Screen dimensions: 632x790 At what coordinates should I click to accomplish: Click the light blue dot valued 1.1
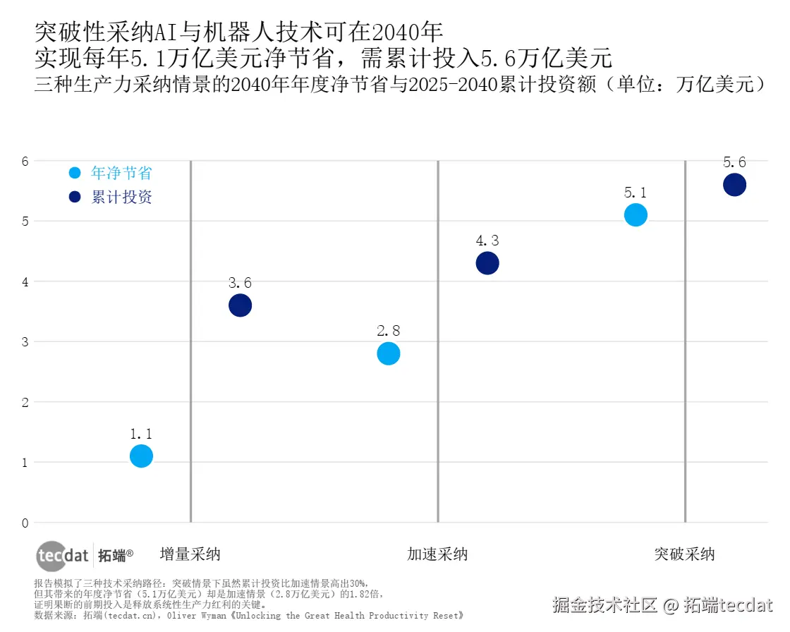pyautogui.click(x=141, y=456)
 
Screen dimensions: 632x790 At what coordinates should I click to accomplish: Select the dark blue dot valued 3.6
pyautogui.click(x=240, y=305)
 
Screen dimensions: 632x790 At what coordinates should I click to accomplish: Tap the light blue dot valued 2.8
pyautogui.click(x=389, y=353)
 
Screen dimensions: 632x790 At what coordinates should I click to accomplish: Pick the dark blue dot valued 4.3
pyautogui.click(x=487, y=263)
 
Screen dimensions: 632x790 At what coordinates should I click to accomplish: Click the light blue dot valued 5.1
pyautogui.click(x=636, y=214)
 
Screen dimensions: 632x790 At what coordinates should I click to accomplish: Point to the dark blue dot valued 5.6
pyautogui.click(x=734, y=185)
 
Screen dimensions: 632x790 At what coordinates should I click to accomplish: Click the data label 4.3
pyautogui.click(x=487, y=241)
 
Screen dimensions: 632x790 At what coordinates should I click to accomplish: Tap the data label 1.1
pyautogui.click(x=141, y=434)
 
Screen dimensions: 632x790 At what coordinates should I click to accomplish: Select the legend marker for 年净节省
pyautogui.click(x=75, y=173)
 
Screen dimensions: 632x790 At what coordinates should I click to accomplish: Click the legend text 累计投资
pyautogui.click(x=121, y=197)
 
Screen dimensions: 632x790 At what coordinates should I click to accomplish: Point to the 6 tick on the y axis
pyautogui.click(x=25, y=161)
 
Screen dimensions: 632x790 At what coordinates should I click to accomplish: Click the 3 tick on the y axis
pyautogui.click(x=25, y=342)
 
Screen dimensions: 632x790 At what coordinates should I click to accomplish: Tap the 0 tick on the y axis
pyautogui.click(x=25, y=523)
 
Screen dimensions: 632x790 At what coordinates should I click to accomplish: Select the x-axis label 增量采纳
pyautogui.click(x=190, y=554)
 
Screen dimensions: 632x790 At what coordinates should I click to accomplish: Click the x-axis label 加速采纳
pyautogui.click(x=437, y=554)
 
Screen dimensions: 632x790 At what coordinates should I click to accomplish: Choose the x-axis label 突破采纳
pyautogui.click(x=684, y=554)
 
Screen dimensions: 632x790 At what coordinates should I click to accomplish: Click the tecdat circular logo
pyautogui.click(x=53, y=556)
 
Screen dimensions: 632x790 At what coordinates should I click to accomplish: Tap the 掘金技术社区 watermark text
pyautogui.click(x=605, y=604)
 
